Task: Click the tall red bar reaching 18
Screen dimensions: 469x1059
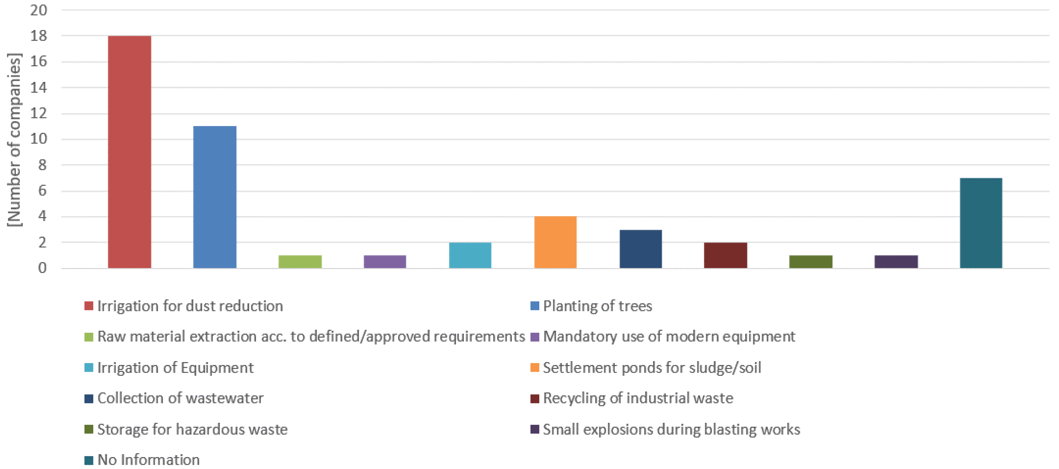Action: (129, 152)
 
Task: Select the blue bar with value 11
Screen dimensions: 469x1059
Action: (215, 197)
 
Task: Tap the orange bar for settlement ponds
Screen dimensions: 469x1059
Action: (555, 242)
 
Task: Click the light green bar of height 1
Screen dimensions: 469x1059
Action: (300, 262)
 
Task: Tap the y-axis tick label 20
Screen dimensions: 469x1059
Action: (39, 10)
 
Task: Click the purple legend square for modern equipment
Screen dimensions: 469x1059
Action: (535, 337)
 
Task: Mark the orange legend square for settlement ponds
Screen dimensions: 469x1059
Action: (535, 367)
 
